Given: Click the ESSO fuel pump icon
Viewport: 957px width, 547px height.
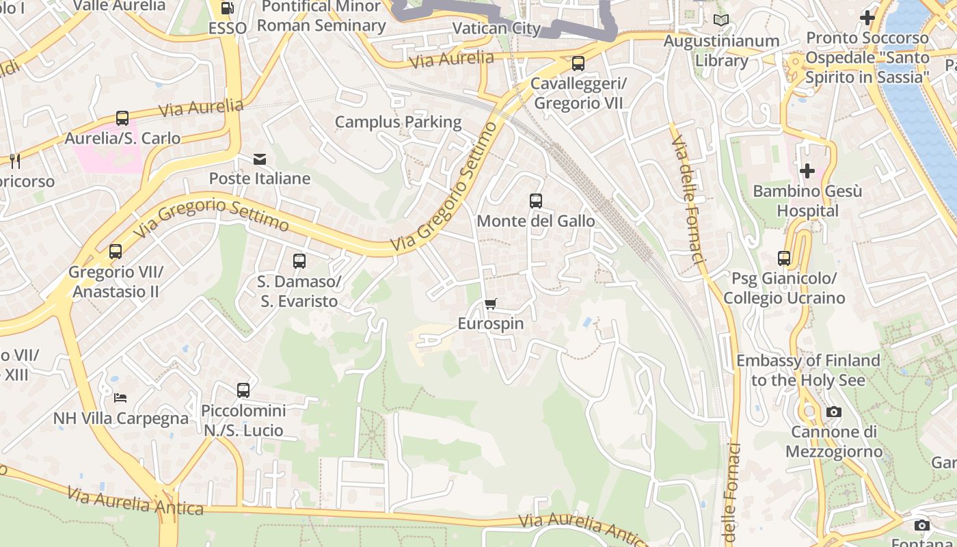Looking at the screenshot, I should click(x=228, y=8).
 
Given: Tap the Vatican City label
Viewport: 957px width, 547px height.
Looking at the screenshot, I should click(x=497, y=29).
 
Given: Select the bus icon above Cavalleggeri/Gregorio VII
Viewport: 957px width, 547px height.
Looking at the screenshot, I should click(x=578, y=64).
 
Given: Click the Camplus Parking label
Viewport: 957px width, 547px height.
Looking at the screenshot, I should click(x=398, y=122).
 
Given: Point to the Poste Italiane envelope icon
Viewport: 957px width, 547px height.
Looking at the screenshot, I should click(x=260, y=159).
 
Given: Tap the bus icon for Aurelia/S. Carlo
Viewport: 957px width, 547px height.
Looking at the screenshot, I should click(x=122, y=118).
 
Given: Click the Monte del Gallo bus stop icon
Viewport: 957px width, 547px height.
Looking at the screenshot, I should click(x=536, y=201).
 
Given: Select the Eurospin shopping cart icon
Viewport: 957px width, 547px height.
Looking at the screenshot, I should click(x=491, y=304).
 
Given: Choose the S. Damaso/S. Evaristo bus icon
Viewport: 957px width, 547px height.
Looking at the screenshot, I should click(x=299, y=261).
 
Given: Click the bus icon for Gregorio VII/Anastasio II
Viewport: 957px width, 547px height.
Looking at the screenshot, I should click(x=116, y=252).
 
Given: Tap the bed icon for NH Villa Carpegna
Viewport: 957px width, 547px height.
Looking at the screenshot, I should click(x=120, y=398).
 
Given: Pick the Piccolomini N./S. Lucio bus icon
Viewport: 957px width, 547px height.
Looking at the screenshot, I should click(x=243, y=390).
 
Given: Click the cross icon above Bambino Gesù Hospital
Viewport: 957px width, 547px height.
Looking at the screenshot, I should click(x=807, y=170).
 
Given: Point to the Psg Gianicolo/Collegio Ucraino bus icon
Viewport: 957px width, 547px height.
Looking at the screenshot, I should click(x=784, y=258).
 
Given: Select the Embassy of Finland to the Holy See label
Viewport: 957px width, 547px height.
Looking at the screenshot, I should click(x=808, y=370).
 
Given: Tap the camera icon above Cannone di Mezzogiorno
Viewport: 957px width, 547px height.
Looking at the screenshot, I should click(x=834, y=412).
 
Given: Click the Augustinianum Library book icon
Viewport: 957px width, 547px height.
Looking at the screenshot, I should click(x=721, y=21).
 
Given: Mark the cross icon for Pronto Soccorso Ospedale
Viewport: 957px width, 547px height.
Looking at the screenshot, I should click(x=867, y=18).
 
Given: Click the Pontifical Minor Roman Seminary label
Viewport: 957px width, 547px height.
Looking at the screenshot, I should click(x=321, y=16).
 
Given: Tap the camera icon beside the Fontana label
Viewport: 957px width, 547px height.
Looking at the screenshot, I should click(x=922, y=525).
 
